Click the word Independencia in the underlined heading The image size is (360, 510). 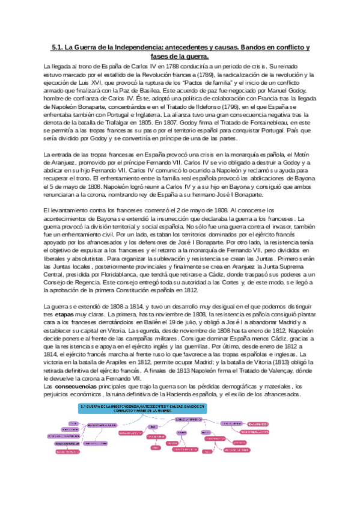pos(138,48)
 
